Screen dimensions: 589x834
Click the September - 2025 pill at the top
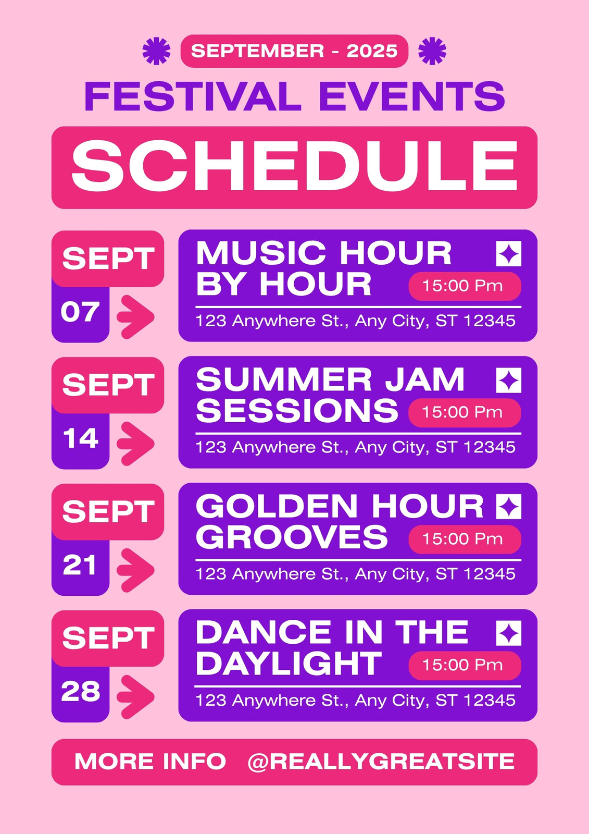(x=294, y=51)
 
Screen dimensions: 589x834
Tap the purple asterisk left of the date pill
(x=157, y=51)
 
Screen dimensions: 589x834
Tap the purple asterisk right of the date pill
(x=432, y=51)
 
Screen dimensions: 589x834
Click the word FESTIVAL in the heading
(x=193, y=96)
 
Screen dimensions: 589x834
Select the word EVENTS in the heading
(x=412, y=96)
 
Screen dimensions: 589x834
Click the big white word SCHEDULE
(x=294, y=166)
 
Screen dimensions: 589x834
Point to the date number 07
(x=80, y=312)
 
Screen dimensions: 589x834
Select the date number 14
(x=81, y=438)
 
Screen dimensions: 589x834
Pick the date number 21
(x=80, y=565)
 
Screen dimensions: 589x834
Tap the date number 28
(x=81, y=691)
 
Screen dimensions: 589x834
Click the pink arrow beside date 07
(x=135, y=317)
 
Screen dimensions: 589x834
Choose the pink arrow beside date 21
(x=135, y=570)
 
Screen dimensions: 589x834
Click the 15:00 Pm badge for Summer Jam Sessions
(x=465, y=412)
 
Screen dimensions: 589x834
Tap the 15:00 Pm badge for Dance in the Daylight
(x=465, y=665)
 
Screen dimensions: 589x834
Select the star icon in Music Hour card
(x=509, y=253)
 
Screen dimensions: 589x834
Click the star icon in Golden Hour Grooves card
(x=509, y=506)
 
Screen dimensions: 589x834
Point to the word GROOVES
(x=292, y=537)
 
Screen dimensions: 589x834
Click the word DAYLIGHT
(x=289, y=664)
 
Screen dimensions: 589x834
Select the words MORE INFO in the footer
(x=151, y=761)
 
